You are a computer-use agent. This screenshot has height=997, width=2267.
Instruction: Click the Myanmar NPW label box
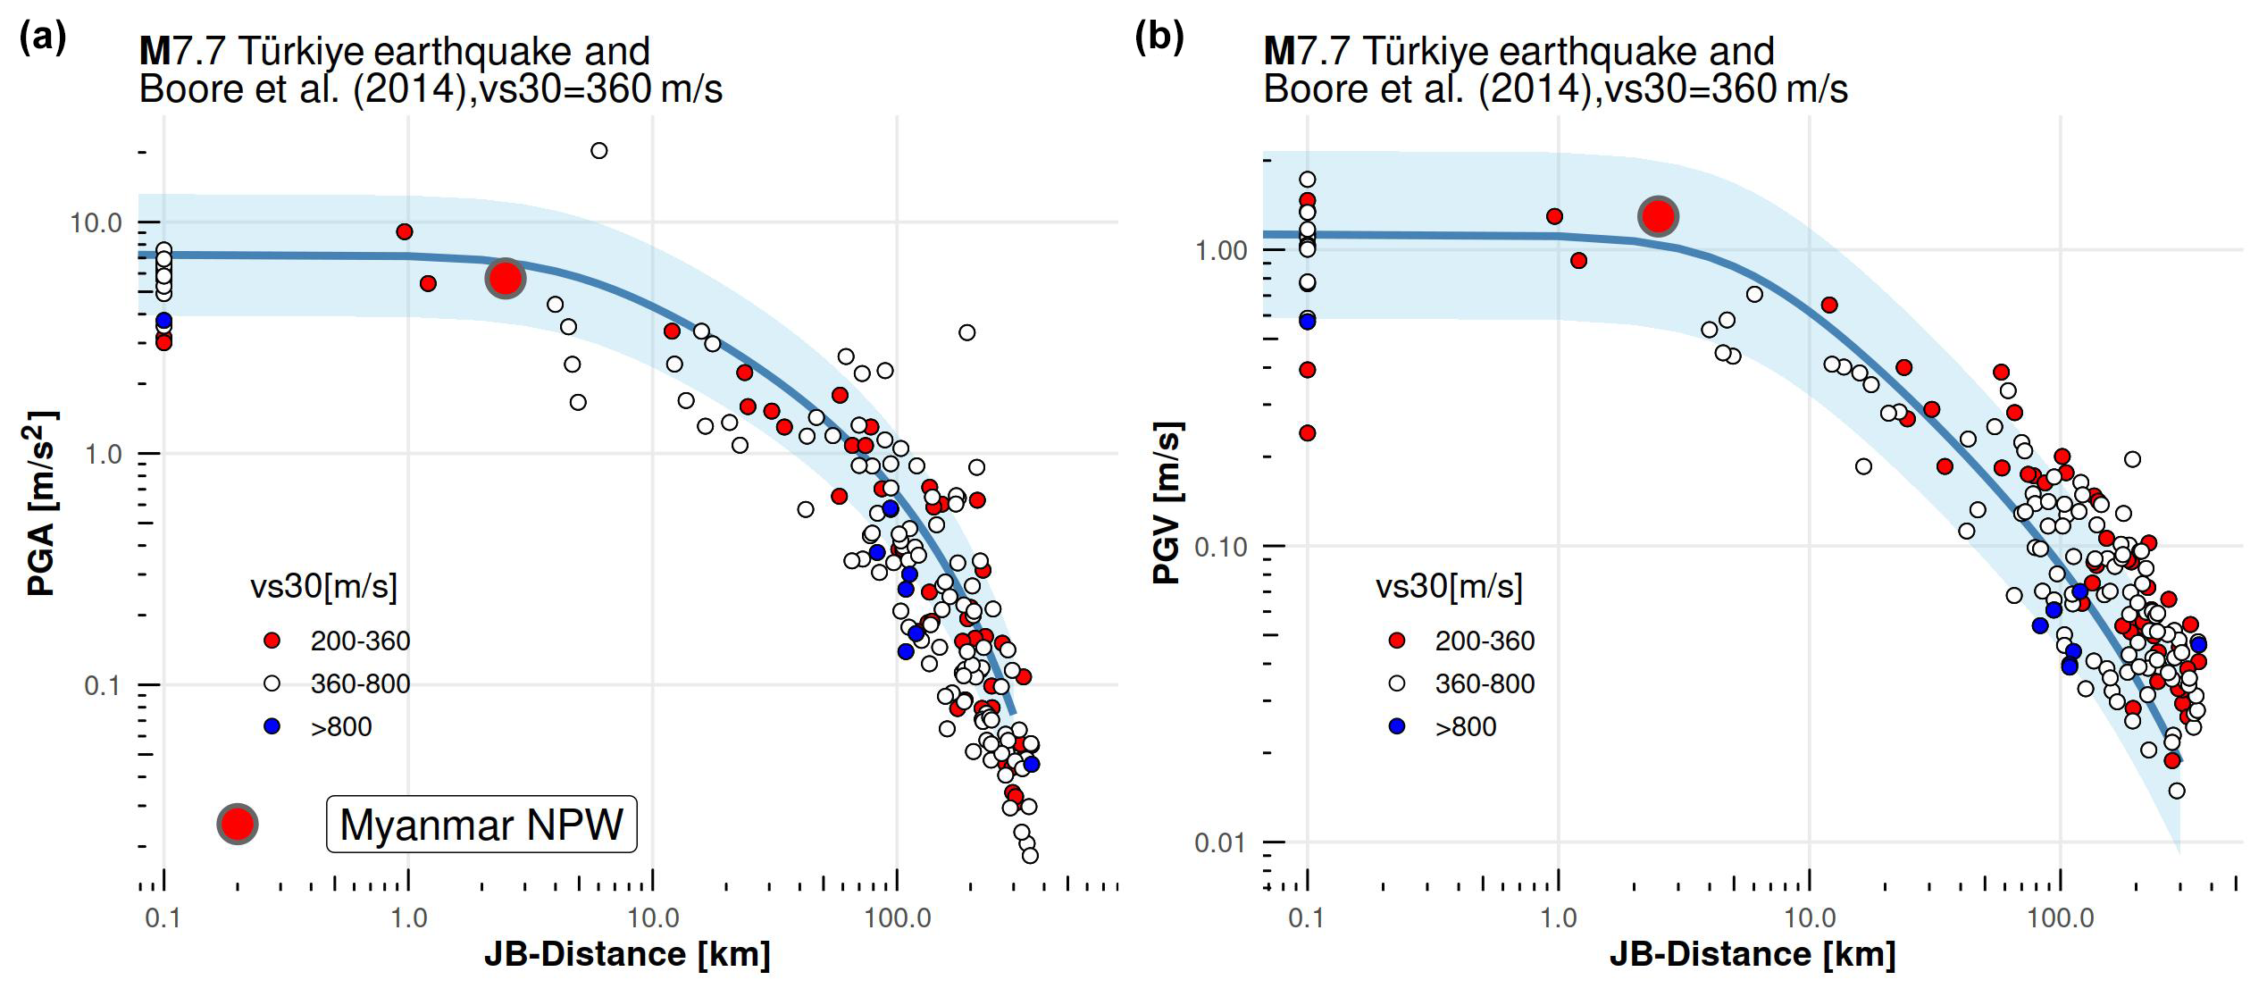(481, 824)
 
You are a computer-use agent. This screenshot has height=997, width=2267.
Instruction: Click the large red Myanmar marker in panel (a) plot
(505, 279)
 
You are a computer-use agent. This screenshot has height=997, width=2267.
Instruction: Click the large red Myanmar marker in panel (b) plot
(1658, 216)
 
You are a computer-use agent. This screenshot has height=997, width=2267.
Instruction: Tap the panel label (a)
(43, 38)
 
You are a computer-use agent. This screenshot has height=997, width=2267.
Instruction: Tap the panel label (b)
(1159, 38)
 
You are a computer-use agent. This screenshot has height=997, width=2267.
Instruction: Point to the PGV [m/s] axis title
(1167, 503)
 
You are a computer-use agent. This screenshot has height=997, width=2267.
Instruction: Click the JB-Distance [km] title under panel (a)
(627, 954)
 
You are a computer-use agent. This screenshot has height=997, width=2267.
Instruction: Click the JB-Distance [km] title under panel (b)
(1753, 954)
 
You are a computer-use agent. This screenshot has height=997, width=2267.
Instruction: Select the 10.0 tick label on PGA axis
(96, 223)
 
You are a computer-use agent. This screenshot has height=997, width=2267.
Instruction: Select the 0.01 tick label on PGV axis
(1220, 842)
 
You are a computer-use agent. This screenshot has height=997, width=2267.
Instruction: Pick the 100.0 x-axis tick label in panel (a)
(897, 917)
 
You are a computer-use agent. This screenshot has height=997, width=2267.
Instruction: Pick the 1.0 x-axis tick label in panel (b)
(1559, 917)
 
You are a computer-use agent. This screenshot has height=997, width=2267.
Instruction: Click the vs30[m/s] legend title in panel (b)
(1449, 586)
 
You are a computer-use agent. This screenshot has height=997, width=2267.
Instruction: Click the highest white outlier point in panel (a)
(599, 151)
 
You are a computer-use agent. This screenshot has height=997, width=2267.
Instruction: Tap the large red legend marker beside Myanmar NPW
(238, 824)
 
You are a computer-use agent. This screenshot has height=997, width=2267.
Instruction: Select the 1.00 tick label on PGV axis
(1220, 250)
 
